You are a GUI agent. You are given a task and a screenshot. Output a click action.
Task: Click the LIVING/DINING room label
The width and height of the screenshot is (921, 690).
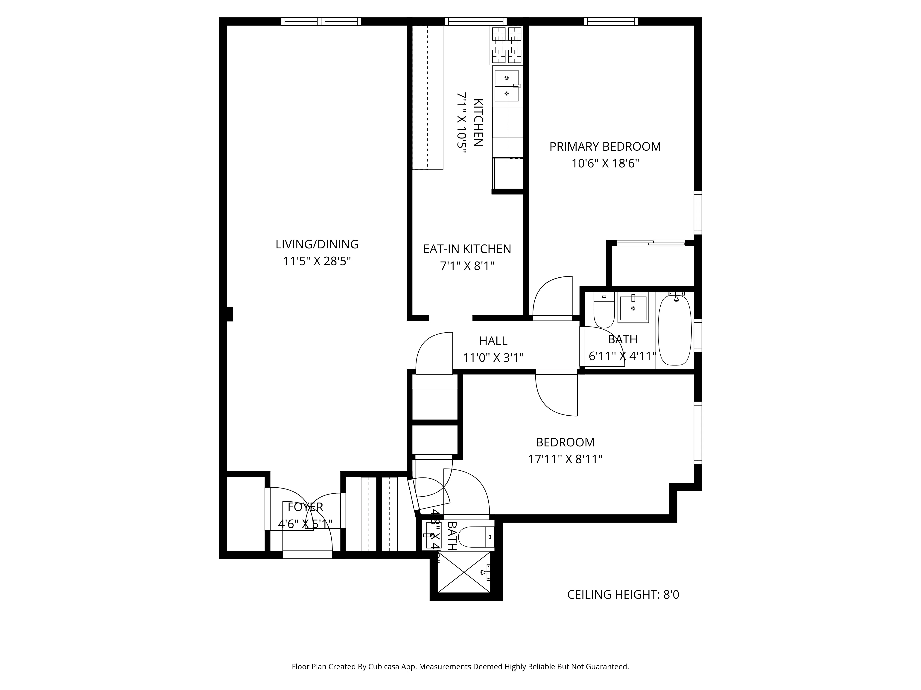click(x=317, y=244)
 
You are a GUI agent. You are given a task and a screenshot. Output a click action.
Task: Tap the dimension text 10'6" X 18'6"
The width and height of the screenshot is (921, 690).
click(x=605, y=164)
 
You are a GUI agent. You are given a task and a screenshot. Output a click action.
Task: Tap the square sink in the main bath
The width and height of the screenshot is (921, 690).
click(x=633, y=307)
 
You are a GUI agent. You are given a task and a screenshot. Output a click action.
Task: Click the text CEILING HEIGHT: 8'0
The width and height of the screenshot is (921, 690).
click(x=623, y=595)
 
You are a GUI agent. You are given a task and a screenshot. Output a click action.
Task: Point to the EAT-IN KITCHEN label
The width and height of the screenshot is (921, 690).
click(x=467, y=249)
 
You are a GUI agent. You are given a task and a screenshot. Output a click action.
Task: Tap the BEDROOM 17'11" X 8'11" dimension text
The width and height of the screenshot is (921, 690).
click(x=565, y=459)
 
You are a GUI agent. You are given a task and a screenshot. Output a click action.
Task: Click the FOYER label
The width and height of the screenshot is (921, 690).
click(x=305, y=507)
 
